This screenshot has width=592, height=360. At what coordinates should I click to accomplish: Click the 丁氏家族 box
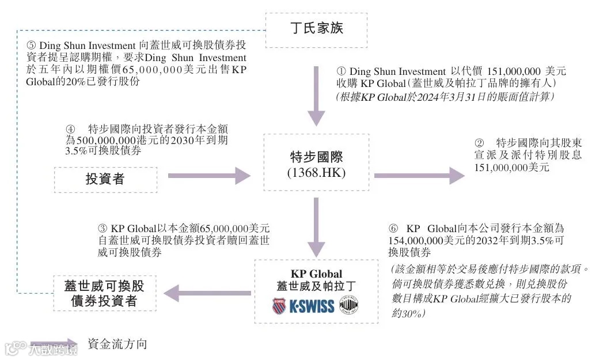pos(316,28)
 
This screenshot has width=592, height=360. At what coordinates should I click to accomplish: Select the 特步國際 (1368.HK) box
pos(316,163)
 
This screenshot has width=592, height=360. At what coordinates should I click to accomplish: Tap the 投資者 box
pos(105,179)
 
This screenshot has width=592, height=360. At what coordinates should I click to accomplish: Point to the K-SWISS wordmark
pos(312,306)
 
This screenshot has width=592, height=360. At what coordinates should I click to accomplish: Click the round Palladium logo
pos(348,305)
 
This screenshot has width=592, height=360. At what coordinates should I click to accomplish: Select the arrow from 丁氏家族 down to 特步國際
pos(316,95)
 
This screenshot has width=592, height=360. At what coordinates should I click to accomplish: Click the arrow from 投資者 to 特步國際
pos(210,175)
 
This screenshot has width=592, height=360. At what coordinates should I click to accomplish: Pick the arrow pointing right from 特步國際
pos(419,175)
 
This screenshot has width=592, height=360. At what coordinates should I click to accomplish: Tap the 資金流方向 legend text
pos(117,344)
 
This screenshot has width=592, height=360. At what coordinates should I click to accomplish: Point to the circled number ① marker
pos(340,71)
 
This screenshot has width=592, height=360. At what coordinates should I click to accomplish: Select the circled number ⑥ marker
pos(393,228)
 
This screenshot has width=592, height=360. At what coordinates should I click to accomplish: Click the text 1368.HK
pos(316,171)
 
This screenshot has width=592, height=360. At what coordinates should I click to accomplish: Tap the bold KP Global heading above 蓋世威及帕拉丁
pos(316,274)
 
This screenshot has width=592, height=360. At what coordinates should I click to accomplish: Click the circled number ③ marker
pos(103,228)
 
